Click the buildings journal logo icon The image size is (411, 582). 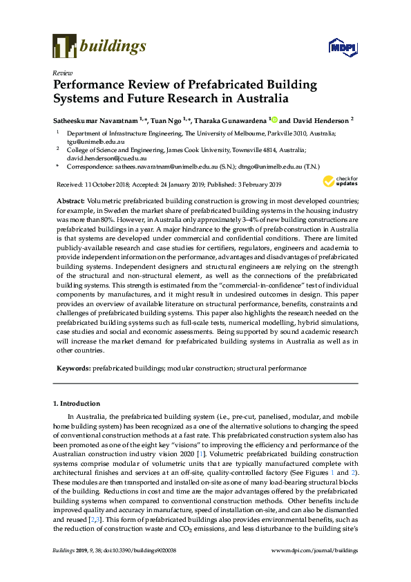click(x=64, y=47)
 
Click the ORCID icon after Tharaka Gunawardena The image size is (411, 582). click(x=273, y=119)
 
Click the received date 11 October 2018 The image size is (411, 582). click(x=108, y=185)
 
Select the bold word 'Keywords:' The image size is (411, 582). click(x=73, y=369)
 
